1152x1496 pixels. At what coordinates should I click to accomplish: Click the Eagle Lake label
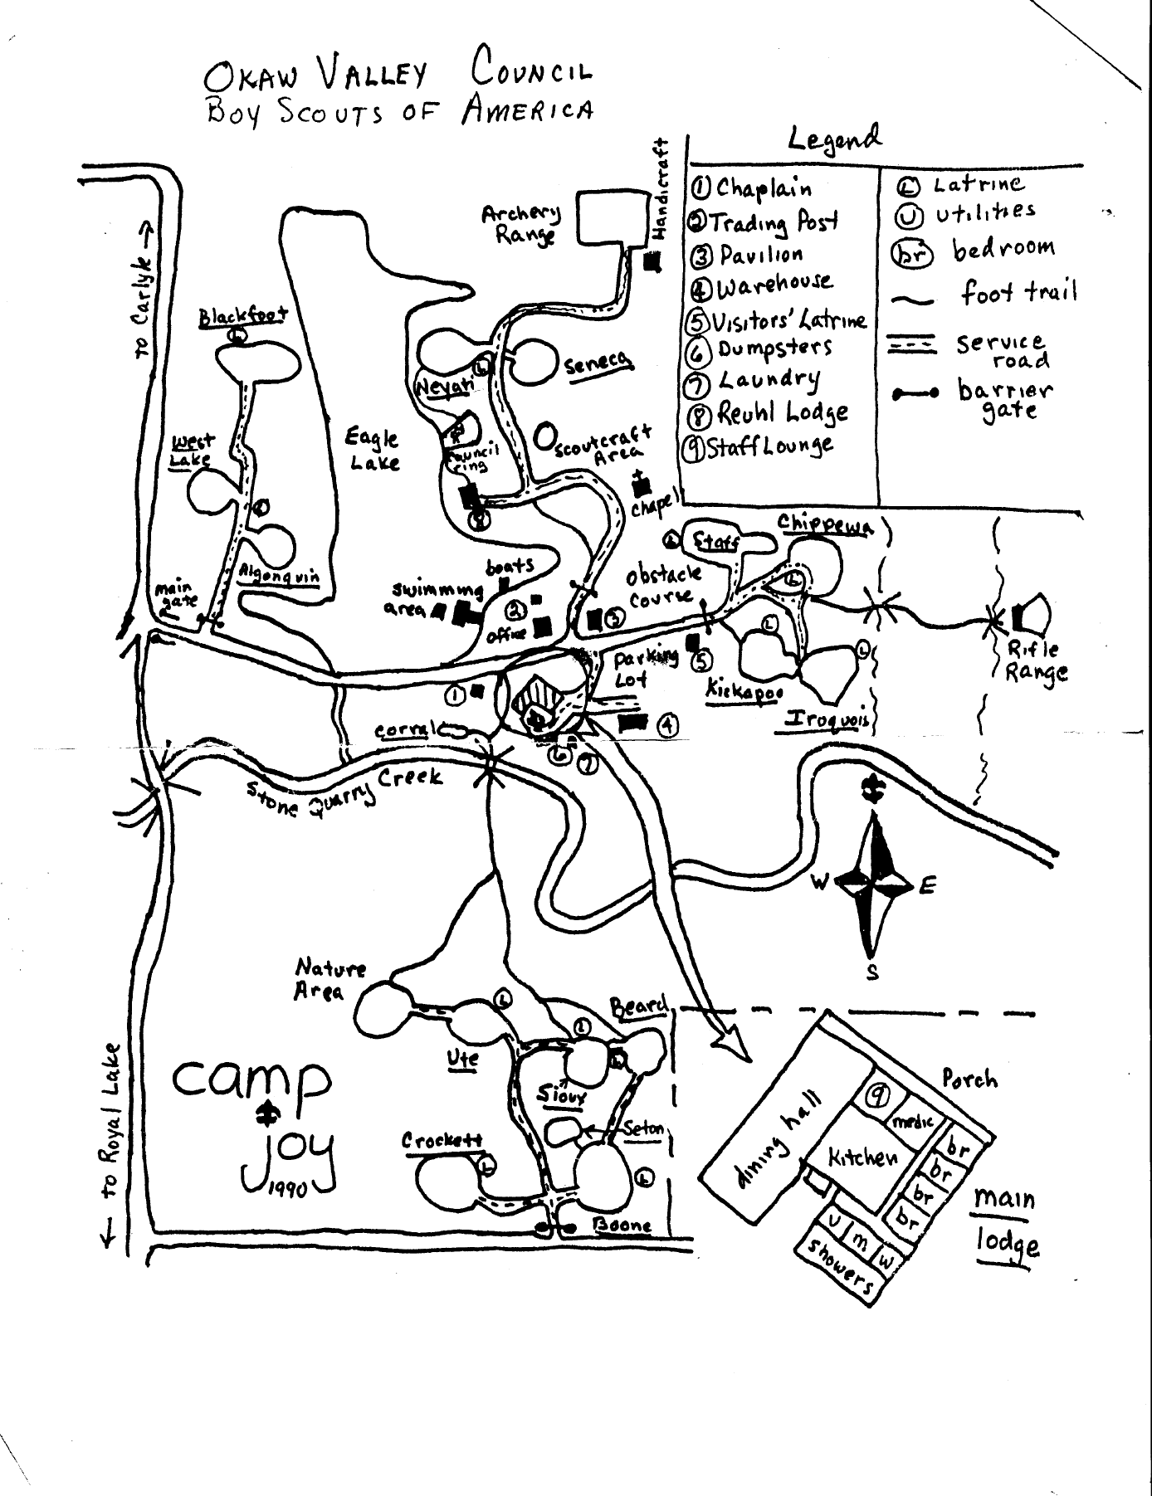click(x=373, y=450)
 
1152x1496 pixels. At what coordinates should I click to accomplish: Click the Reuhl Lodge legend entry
click(x=768, y=412)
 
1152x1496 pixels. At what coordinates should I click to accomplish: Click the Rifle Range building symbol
click(x=1032, y=615)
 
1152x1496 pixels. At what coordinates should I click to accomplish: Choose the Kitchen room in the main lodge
click(x=863, y=1155)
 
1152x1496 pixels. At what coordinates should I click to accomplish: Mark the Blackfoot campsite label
click(x=243, y=316)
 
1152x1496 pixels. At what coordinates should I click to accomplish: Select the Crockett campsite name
click(x=442, y=1140)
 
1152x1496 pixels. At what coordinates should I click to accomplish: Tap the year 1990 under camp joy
click(x=288, y=1189)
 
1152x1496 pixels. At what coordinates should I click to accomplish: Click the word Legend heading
click(x=834, y=139)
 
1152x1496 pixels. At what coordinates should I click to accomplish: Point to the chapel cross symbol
click(x=641, y=482)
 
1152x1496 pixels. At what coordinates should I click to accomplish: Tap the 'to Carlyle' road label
click(x=143, y=290)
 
